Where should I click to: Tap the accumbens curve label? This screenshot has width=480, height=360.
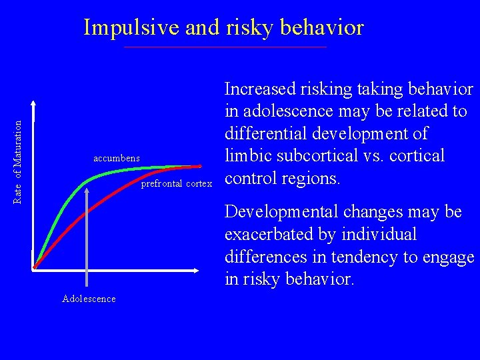117,158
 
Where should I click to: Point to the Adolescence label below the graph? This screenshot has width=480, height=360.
89,299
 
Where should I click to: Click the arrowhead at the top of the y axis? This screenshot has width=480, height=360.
34,104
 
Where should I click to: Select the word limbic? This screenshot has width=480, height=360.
247,155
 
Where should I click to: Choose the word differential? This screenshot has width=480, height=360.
266,133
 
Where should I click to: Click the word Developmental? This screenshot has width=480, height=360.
283,212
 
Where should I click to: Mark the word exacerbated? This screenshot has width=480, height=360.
269,235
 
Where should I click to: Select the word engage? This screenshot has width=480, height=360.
447,258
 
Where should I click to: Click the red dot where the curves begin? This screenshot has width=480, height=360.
34,268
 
